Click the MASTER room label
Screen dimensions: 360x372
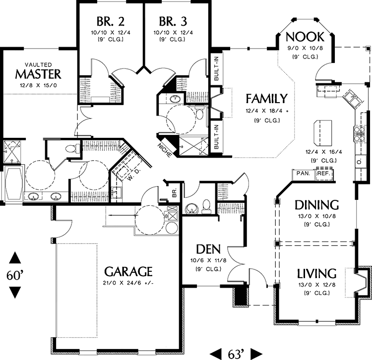click(x=38, y=74)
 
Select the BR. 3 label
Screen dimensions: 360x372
click(x=173, y=22)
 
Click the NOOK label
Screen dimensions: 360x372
click(x=305, y=37)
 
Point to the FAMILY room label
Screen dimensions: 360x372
click(x=267, y=99)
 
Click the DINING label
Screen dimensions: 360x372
click(x=316, y=205)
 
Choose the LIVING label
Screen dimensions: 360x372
click(x=316, y=273)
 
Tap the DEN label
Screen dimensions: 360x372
click(x=208, y=248)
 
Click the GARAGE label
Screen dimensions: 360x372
click(x=128, y=272)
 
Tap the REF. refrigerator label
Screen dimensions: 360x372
click(x=324, y=174)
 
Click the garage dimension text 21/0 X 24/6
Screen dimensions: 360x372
click(x=128, y=283)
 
